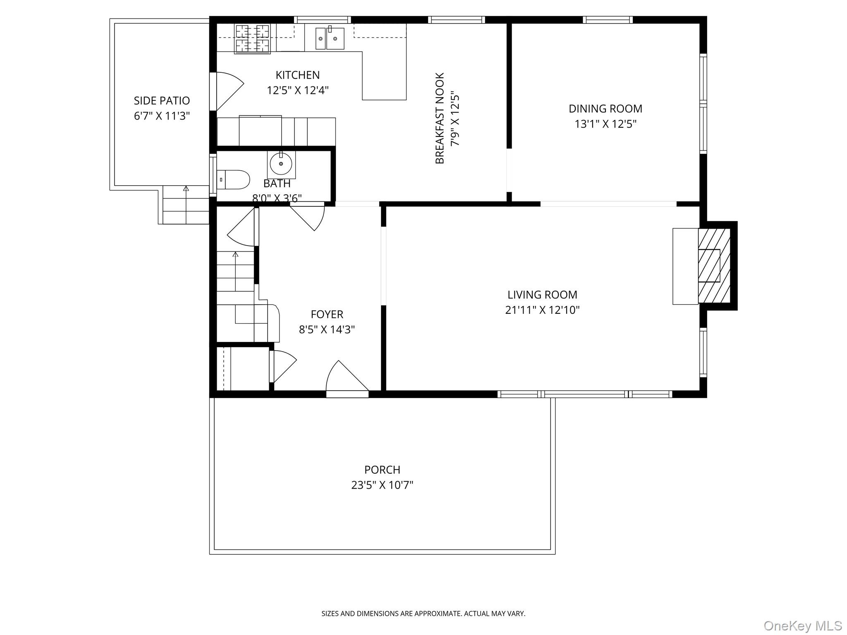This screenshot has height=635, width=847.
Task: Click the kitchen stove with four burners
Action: pos(252,38)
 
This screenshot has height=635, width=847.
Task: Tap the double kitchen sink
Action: pos(330,38)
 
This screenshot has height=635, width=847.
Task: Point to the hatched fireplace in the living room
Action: pos(714,266)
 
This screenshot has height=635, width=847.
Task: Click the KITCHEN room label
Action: pos(297,75)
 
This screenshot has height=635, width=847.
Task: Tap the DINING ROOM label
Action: pos(605,109)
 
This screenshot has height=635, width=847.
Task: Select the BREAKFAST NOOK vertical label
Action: pos(440,118)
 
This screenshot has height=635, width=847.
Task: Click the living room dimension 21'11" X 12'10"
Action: pos(542,310)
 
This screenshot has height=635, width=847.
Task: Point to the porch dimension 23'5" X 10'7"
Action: pos(382,485)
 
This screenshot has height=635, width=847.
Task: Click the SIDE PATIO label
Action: pos(162,101)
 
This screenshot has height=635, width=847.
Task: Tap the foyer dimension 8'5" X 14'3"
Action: pos(327,329)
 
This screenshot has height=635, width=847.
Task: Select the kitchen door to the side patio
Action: pos(228,91)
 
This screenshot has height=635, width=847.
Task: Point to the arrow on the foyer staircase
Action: pos(235,255)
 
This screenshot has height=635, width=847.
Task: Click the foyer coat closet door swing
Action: pos(284,365)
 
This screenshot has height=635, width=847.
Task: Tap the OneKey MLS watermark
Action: pos(802,625)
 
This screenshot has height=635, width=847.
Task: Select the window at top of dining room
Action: pos(608,19)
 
